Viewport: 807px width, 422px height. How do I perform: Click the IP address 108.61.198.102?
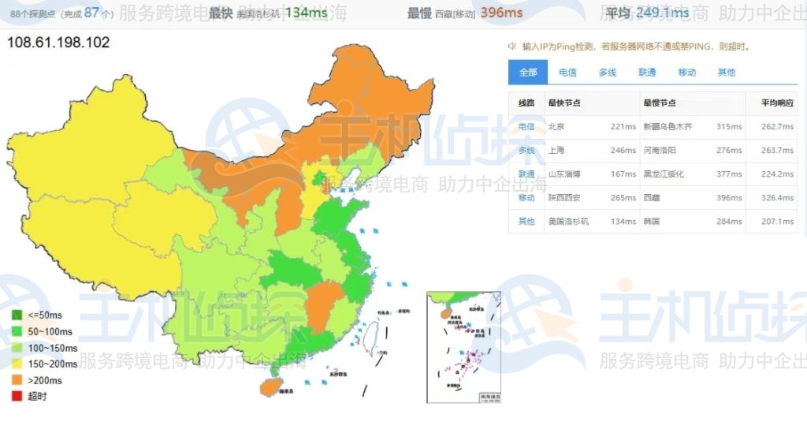pyautogui.click(x=58, y=42)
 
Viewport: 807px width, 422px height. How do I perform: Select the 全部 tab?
pyautogui.click(x=528, y=72)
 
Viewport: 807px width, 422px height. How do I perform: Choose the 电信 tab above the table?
pyautogui.click(x=567, y=72)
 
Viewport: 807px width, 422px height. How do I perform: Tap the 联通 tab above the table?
pyautogui.click(x=647, y=72)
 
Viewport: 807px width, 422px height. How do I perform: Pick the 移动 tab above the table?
pyautogui.click(x=687, y=72)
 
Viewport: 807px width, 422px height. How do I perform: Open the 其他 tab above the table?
pyautogui.click(x=727, y=72)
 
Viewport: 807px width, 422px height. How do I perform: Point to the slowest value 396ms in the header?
pyautogui.click(x=501, y=13)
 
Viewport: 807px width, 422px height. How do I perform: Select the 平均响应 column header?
pyautogui.click(x=777, y=103)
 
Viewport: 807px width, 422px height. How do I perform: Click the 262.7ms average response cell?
pyautogui.click(x=777, y=126)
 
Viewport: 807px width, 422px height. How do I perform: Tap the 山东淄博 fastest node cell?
pyautogui.click(x=564, y=174)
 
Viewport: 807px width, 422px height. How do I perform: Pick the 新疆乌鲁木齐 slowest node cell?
pyautogui.click(x=668, y=126)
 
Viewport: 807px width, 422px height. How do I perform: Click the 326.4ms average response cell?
pyautogui.click(x=777, y=197)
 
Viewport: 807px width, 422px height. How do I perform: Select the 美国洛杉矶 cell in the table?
pyautogui.click(x=568, y=221)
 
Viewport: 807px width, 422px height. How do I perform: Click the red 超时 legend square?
pyautogui.click(x=17, y=396)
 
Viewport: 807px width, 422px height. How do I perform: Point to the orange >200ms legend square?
pyautogui.click(x=17, y=380)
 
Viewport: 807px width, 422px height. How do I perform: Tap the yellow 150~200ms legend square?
pyautogui.click(x=17, y=364)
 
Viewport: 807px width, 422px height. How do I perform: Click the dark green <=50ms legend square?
pyautogui.click(x=17, y=315)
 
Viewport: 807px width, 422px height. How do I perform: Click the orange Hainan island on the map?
pyautogui.click(x=269, y=387)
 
